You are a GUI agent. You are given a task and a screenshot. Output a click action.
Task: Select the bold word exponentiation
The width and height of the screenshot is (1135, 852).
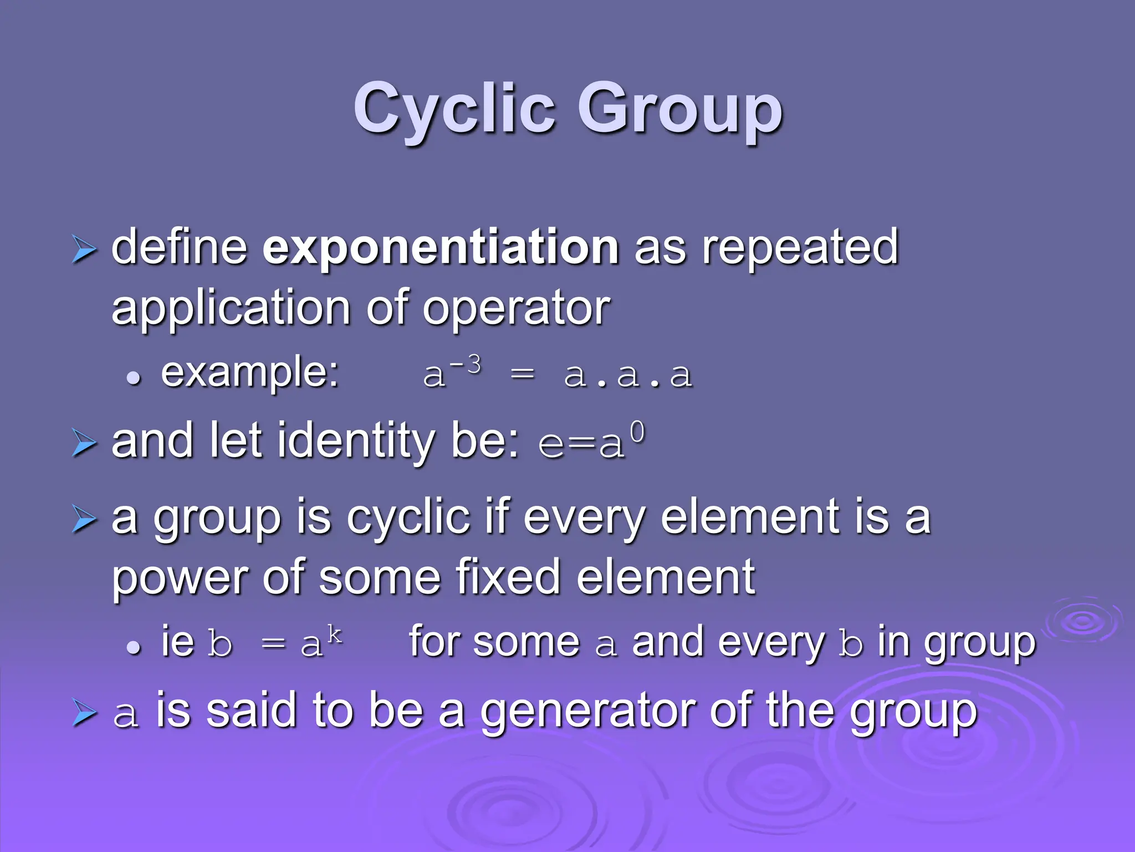(441, 248)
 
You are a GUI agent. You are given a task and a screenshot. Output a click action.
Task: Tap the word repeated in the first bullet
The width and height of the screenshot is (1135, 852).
(800, 248)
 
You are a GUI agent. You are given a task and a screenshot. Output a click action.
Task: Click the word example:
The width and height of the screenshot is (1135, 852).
(250, 372)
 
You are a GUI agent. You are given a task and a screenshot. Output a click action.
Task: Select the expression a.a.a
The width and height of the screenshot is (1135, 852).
(628, 376)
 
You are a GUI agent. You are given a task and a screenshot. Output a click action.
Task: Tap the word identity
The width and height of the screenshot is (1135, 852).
(355, 441)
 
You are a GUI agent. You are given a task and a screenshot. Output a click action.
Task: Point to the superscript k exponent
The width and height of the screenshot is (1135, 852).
(334, 634)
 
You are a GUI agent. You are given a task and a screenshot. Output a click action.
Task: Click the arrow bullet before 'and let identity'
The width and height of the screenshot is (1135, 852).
(84, 444)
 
